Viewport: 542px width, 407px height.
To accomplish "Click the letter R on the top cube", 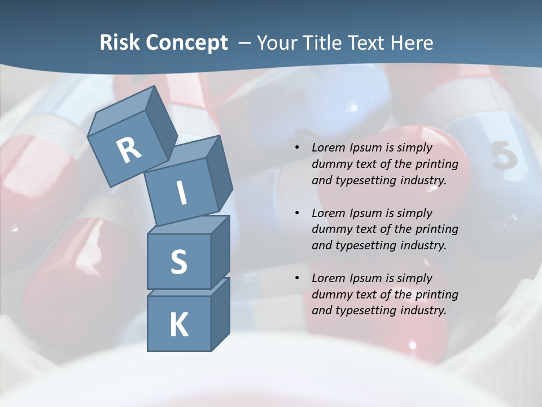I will point(129,150).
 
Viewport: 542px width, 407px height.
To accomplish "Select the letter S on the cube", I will point(178,262).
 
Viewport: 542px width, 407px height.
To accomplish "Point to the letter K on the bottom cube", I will point(178,325).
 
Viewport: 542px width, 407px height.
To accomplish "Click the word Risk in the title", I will point(121,42).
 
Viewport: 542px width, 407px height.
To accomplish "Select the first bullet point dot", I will point(296,148).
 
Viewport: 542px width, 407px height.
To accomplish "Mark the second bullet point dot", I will point(296,213).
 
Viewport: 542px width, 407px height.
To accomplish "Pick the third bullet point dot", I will point(296,278).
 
